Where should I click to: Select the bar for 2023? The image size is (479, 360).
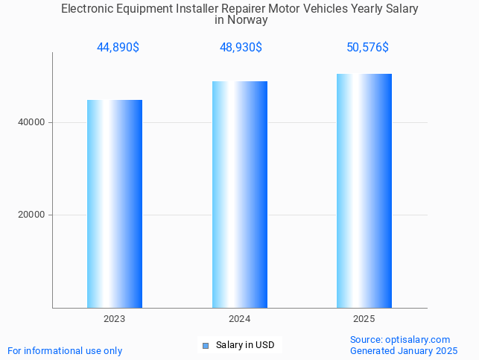pos(115,203)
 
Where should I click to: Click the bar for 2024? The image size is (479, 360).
pos(239,195)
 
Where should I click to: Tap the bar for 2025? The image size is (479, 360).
pos(364,191)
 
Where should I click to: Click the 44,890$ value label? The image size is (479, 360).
pos(118,48)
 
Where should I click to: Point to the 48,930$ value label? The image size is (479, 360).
pos(240,48)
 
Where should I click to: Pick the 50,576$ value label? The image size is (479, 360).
pos(367,48)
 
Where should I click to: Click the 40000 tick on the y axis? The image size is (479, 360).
pos(31,122)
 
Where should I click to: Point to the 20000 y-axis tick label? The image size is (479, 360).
pos(31,215)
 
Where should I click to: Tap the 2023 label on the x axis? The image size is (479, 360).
pos(115,319)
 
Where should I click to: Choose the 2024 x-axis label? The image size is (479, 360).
pos(239,319)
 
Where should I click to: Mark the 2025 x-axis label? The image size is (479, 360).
pos(364,319)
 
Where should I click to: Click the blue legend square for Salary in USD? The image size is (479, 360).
pos(206,345)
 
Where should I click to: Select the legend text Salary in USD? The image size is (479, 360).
pos(245,345)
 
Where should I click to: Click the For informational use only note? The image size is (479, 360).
pos(65,350)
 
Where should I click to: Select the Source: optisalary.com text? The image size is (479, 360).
pos(400,339)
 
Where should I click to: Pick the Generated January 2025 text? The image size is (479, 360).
pos(404,350)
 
